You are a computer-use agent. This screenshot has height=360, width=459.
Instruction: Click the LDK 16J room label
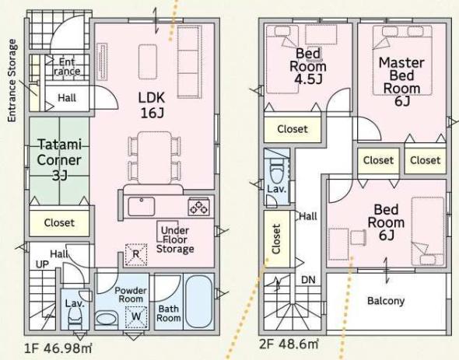coord(152,105)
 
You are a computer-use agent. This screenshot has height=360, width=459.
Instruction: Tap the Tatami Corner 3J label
coord(59,160)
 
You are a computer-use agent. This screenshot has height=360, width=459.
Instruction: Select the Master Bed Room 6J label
coord(401,82)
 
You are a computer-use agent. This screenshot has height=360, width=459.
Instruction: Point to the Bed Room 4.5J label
coord(307,66)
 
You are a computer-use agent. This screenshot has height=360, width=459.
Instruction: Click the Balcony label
coord(386,301)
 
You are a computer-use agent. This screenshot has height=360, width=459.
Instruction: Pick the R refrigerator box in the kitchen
coord(136,254)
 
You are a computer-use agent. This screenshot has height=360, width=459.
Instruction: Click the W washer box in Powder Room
coord(136,317)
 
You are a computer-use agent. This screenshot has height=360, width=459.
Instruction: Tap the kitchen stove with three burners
coord(198,206)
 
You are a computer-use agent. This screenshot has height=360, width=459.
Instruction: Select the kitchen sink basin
coord(141,206)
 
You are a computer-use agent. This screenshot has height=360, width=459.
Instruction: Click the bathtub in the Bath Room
coord(199,302)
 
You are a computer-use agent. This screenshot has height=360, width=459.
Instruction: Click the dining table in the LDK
coord(155,158)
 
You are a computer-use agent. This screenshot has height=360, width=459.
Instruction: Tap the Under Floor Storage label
coord(175,239)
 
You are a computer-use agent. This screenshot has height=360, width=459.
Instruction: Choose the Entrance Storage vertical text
coord(12,81)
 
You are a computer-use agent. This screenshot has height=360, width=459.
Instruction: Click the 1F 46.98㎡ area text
coord(58,348)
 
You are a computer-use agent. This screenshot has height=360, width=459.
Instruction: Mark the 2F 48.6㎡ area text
coord(289,344)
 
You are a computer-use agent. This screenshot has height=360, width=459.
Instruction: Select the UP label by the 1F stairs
coord(42,264)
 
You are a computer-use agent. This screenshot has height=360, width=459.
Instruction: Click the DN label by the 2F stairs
coord(308,280)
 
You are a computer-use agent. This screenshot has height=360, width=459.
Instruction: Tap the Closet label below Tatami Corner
coord(59,222)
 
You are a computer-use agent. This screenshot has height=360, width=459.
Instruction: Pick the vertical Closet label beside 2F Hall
coord(276,239)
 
